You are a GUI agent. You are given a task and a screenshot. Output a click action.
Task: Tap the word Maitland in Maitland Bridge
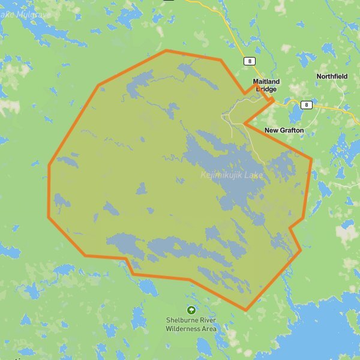pos(266,81)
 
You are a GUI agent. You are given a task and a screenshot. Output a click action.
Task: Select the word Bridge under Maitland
pos(266,89)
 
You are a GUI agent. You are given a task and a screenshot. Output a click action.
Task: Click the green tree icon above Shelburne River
pos(191,310)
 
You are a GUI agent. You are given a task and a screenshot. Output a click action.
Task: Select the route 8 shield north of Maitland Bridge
pos(249,61)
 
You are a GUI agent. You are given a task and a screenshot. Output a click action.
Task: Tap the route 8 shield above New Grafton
pos(307,105)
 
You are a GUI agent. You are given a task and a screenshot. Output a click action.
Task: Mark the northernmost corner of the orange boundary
pos(166,51)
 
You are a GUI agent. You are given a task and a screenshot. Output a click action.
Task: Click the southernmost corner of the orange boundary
pos(245,310)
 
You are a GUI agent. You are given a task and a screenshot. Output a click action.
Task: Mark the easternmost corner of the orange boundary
pos(311,159)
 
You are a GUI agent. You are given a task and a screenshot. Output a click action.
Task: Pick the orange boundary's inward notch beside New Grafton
pos(245,123)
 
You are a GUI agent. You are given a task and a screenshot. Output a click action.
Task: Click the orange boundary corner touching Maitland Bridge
pos(274,100)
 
